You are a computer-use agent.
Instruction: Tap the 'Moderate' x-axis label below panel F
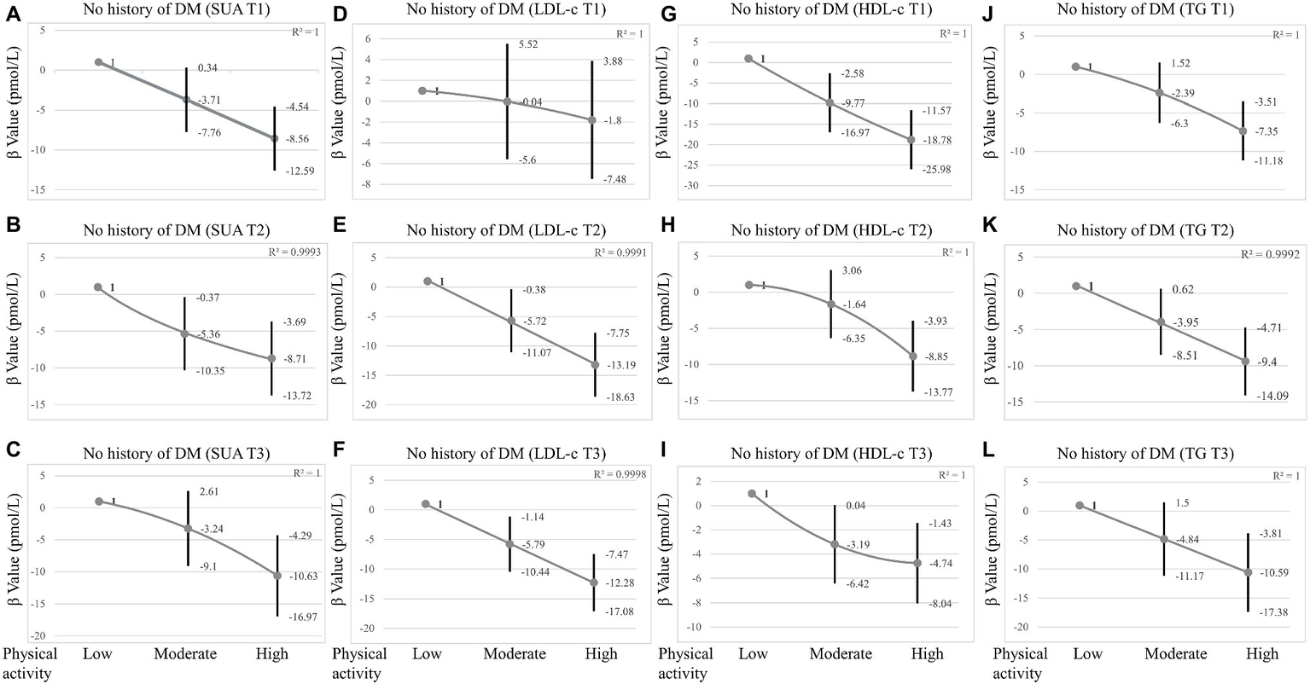(515, 654)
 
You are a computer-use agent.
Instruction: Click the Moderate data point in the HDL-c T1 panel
(830, 102)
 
